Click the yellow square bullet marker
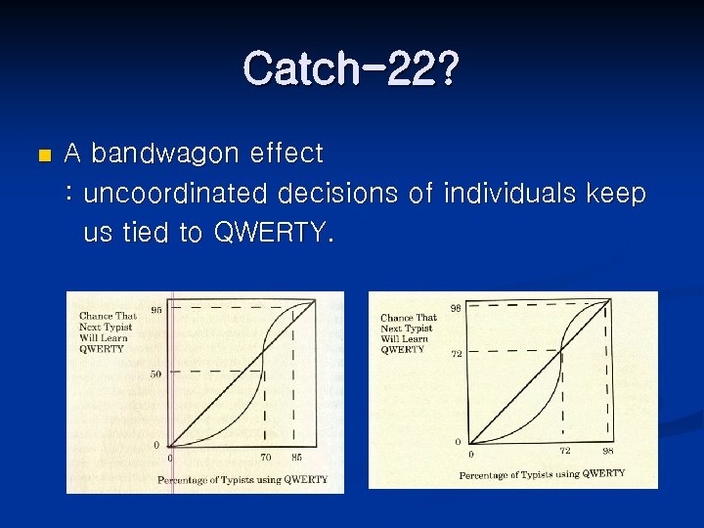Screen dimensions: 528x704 point(41,155)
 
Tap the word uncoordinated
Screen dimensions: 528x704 point(175,194)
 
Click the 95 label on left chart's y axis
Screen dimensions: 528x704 point(156,311)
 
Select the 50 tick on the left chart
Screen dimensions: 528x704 point(156,374)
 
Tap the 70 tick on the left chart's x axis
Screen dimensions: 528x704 point(266,458)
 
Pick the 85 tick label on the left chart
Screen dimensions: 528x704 point(296,458)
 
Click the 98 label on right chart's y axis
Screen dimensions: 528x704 point(456,309)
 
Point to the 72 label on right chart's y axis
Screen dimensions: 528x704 point(456,354)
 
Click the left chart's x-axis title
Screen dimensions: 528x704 point(242,480)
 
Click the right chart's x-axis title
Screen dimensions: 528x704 point(542,474)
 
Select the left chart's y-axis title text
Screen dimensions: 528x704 point(108,332)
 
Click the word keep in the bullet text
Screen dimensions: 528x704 point(616,194)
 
